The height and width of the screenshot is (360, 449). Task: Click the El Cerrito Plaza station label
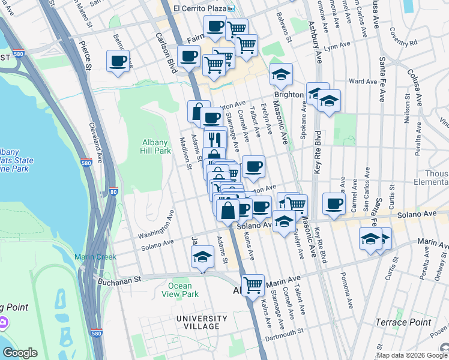pos(200,8)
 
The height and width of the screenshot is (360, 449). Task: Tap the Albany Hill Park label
pos(156,146)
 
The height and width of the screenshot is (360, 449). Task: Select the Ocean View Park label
pos(183,290)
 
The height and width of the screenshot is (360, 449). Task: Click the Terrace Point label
pos(403,322)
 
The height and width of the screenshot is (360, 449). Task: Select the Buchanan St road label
pos(119,279)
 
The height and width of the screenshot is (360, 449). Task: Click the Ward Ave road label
pos(363,81)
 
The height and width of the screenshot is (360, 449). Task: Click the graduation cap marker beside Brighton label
pos(281,74)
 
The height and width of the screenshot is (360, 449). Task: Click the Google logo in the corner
pos(20,353)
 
